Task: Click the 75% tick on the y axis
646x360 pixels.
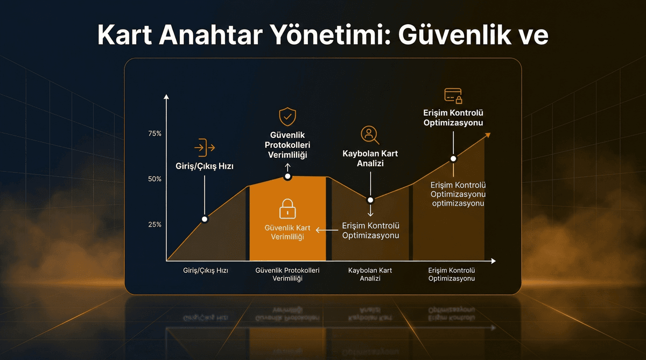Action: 155,133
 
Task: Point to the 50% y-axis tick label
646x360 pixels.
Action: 155,179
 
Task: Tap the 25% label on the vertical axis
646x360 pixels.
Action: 155,224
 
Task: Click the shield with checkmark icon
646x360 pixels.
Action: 287,116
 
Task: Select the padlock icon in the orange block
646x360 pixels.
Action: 287,208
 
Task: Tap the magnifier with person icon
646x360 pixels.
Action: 370,135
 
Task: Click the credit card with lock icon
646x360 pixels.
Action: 453,96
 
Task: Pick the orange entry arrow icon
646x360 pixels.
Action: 205,147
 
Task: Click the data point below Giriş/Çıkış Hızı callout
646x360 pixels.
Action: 205,219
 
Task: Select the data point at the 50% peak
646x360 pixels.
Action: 287,177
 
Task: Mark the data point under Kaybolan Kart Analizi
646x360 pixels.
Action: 370,200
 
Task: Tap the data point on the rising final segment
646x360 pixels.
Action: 453,159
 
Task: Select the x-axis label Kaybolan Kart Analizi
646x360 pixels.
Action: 370,274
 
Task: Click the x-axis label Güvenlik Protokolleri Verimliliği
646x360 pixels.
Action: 287,274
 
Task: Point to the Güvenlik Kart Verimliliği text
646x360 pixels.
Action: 287,232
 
